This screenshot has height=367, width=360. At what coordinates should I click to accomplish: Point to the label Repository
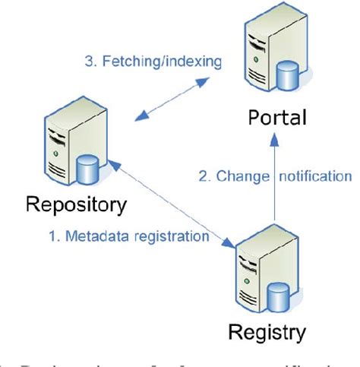pos(74,204)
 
